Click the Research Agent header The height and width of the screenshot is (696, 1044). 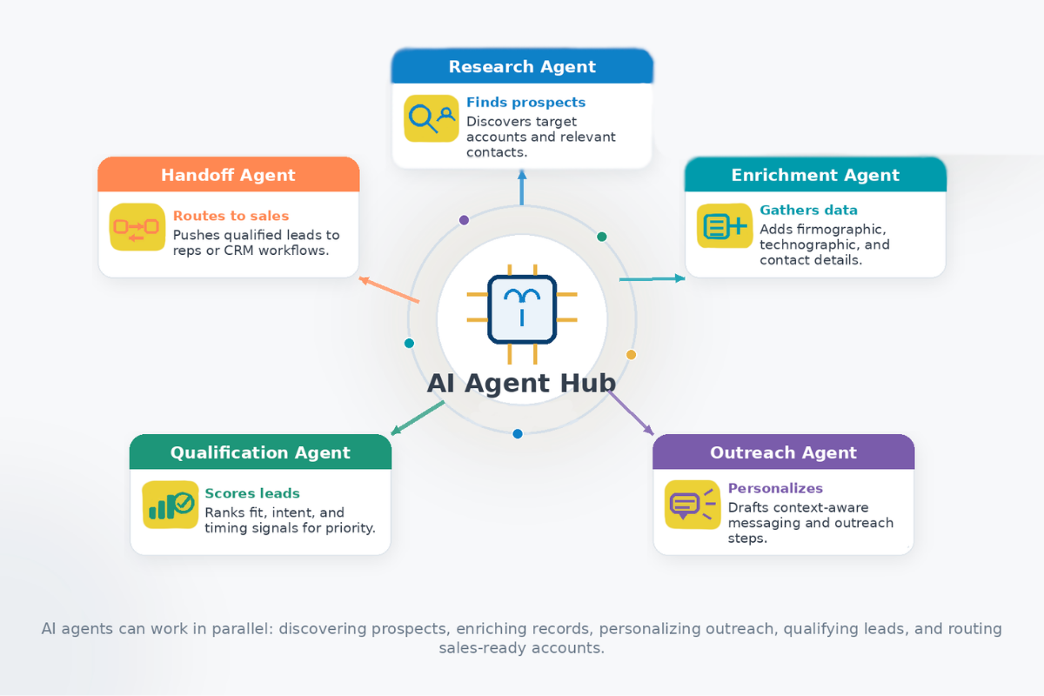[522, 67]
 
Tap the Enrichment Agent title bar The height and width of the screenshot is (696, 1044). [815, 175]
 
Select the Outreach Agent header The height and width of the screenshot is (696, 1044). [783, 452]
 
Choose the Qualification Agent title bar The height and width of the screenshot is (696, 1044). [260, 452]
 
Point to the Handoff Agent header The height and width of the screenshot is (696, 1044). [228, 175]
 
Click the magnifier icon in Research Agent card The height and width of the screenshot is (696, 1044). [432, 118]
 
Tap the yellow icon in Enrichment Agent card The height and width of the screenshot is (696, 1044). [724, 226]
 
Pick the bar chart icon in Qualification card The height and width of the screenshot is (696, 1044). [171, 505]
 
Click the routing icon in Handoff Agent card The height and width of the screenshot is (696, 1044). [137, 227]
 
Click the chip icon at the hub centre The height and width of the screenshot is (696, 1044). [522, 310]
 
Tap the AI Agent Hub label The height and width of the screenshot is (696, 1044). [521, 383]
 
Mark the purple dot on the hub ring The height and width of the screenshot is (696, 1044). [464, 220]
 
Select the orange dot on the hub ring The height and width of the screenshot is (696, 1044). [632, 354]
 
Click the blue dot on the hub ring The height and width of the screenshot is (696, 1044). [518, 433]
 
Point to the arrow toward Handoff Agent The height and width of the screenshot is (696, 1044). [389, 291]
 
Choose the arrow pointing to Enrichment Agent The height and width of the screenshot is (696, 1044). [652, 279]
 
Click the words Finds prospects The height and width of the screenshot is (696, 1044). [525, 103]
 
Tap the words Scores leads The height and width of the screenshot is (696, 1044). [252, 493]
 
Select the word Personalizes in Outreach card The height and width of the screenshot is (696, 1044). [775, 488]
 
